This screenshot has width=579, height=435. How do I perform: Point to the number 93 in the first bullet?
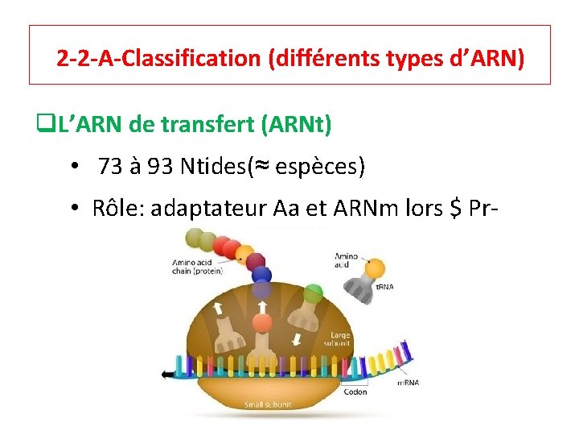(158, 167)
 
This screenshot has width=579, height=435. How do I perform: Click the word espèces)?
(321, 167)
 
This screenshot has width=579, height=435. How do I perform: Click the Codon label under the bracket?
(355, 392)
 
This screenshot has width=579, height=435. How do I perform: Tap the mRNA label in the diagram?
(408, 383)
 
